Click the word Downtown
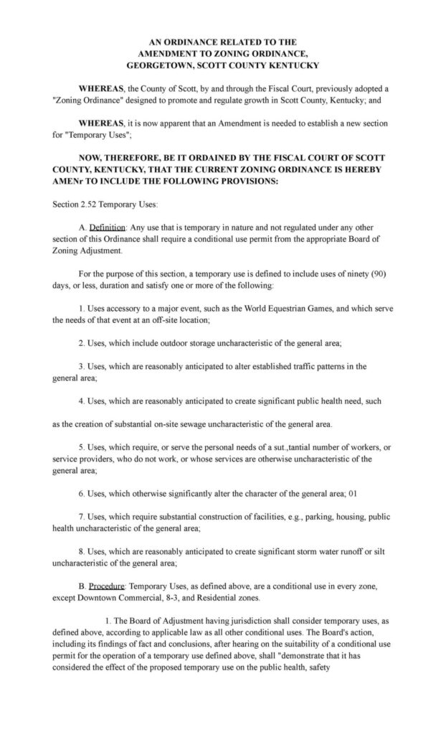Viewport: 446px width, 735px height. tap(95, 607)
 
